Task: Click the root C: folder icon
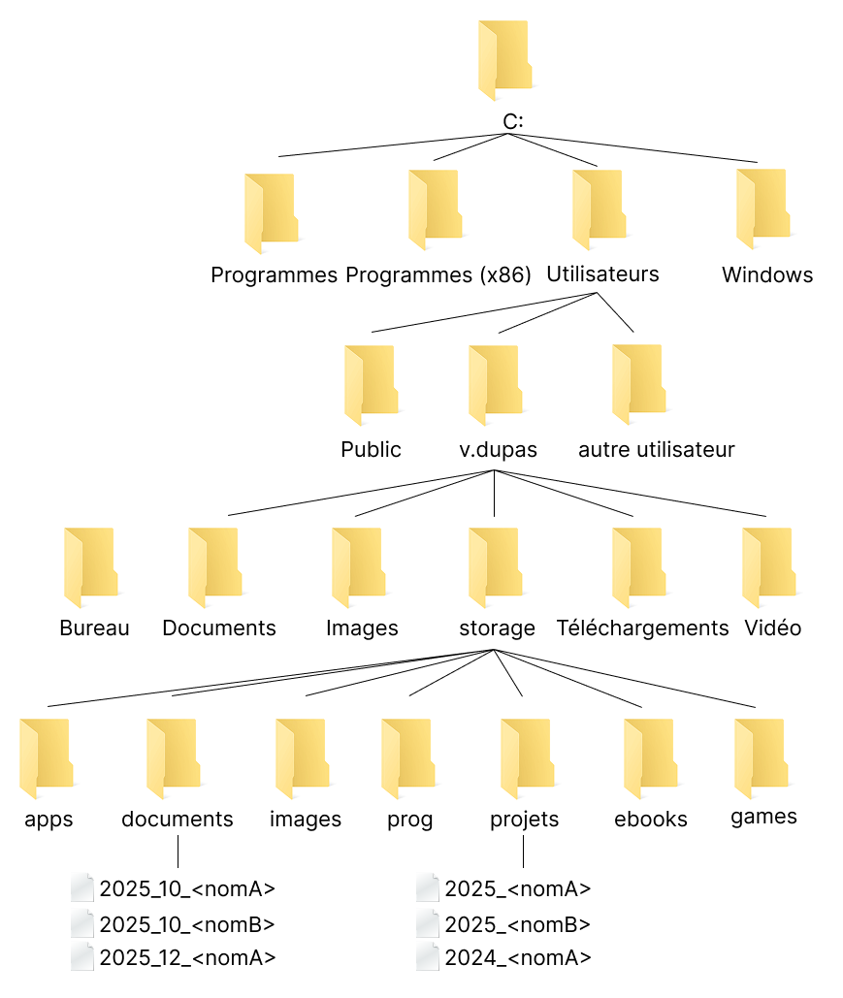(x=505, y=60)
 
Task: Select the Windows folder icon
(x=763, y=205)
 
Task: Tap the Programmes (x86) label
(x=438, y=275)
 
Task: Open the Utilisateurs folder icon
(x=599, y=205)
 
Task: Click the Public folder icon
(x=371, y=386)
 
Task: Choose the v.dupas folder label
(x=499, y=450)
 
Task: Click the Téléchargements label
(x=642, y=628)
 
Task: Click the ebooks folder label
(x=651, y=820)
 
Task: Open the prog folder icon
(x=407, y=757)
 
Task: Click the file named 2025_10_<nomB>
(x=187, y=924)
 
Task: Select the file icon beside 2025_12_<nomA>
(x=83, y=958)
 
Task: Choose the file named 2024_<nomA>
(x=518, y=958)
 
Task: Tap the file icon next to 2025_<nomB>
(x=428, y=924)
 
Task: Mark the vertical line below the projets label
(x=524, y=851)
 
